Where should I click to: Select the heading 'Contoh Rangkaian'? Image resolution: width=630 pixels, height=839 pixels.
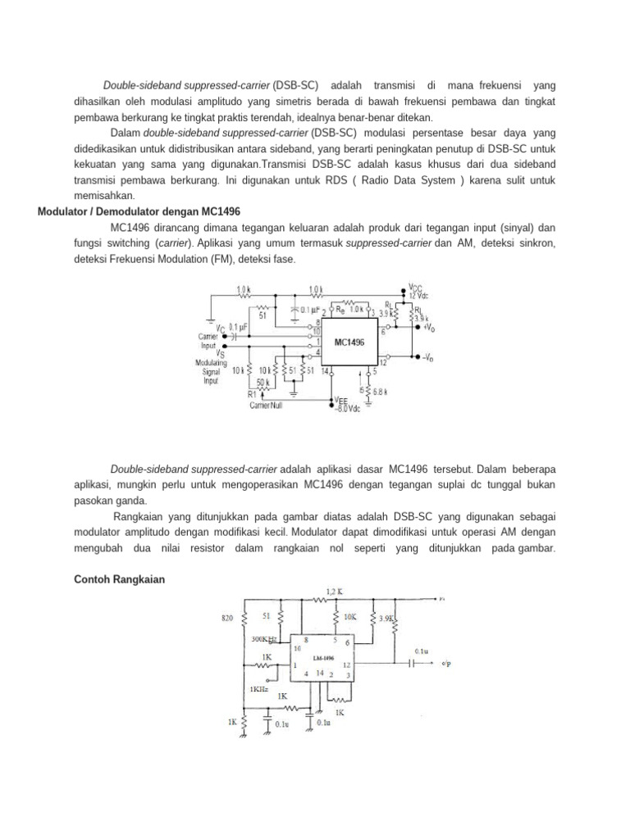click(120, 579)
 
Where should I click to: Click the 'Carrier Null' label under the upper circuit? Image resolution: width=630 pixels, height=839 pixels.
click(267, 406)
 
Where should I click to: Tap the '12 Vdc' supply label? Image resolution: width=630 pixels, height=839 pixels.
click(420, 295)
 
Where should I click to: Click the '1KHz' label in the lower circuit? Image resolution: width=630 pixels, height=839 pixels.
click(259, 689)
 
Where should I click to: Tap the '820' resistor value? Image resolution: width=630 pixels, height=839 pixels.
click(229, 617)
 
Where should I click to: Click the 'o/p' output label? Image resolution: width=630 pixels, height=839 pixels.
click(447, 662)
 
